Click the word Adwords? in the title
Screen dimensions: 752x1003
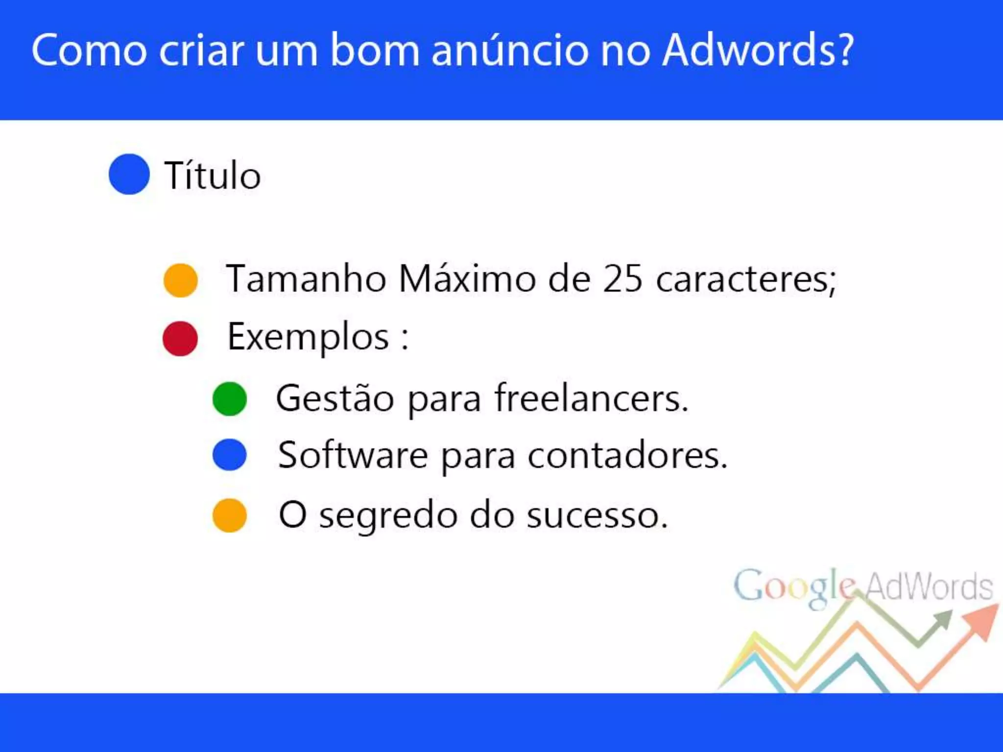point(758,50)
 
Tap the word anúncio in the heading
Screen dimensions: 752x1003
point(509,50)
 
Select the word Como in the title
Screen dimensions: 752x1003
point(89,50)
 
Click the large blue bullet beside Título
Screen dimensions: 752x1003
point(129,174)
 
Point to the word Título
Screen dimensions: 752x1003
point(213,175)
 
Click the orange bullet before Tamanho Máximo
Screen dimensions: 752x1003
point(180,280)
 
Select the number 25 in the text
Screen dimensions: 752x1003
point(622,279)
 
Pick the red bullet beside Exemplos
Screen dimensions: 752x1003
point(180,338)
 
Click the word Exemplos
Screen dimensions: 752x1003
point(308,337)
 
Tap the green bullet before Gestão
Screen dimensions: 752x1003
point(229,399)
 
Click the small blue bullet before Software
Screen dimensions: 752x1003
point(229,455)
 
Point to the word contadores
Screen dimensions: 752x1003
point(627,456)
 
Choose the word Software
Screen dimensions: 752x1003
point(353,456)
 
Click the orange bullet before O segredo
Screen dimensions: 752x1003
point(229,515)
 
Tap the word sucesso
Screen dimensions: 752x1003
point(597,516)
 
